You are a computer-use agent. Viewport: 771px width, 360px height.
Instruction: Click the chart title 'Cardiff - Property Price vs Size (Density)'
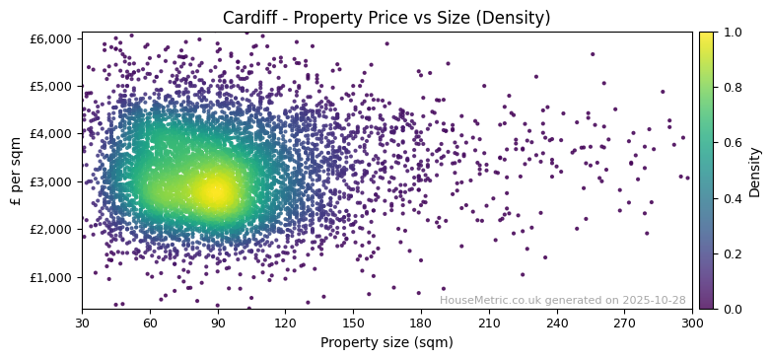pyautogui.click(x=386, y=18)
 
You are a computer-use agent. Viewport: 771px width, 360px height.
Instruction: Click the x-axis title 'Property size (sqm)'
pyautogui.click(x=386, y=342)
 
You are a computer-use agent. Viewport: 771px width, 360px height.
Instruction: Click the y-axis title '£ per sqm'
pyautogui.click(x=16, y=171)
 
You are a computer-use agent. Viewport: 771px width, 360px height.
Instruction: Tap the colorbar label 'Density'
pyautogui.click(x=755, y=171)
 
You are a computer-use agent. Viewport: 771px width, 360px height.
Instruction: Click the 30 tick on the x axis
pyautogui.click(x=82, y=322)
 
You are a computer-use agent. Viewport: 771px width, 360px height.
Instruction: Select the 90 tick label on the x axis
pyautogui.click(x=218, y=322)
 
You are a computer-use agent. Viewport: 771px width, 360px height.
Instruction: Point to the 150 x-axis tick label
pyautogui.click(x=353, y=322)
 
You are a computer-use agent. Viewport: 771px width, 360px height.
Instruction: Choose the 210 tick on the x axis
pyautogui.click(x=489, y=322)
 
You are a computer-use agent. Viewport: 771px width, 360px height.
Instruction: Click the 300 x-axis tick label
pyautogui.click(x=692, y=322)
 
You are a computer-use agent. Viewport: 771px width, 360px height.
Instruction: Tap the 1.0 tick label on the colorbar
pyautogui.click(x=731, y=33)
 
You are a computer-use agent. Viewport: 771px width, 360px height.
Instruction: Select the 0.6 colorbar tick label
pyautogui.click(x=731, y=143)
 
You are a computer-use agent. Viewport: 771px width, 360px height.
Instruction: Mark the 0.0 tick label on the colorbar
pyautogui.click(x=731, y=309)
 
